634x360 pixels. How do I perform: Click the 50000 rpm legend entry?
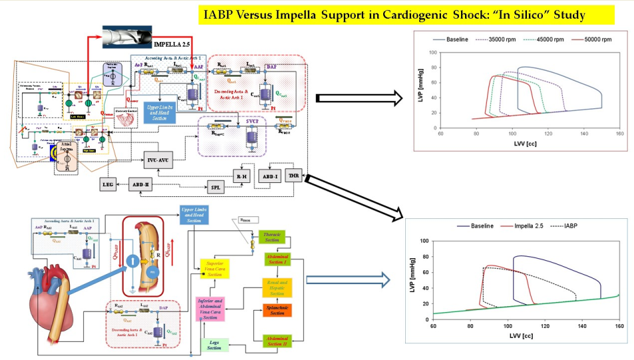click(x=593, y=39)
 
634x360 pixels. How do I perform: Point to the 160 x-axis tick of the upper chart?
click(x=619, y=134)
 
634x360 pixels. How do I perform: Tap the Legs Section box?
click(x=215, y=345)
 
